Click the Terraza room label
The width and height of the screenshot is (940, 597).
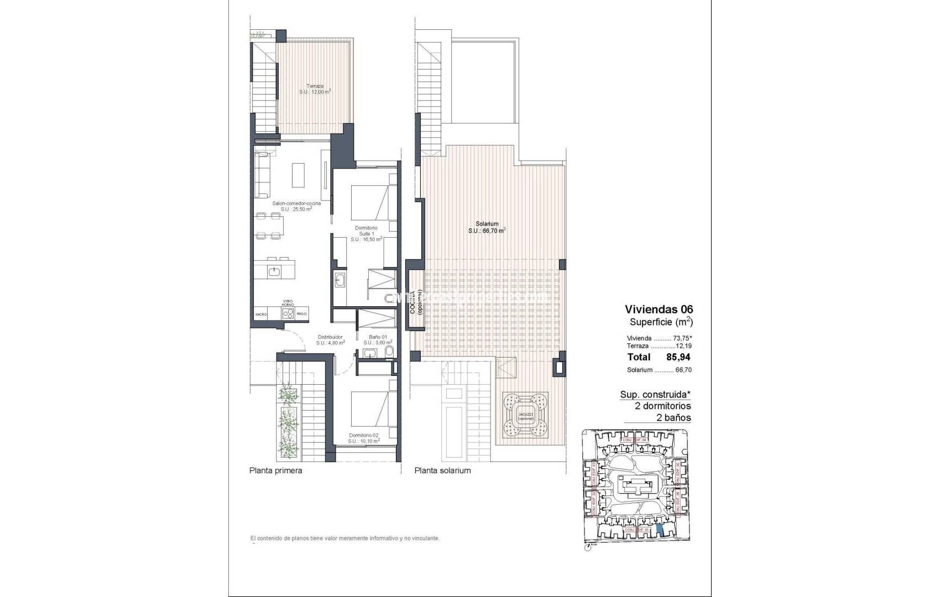click(315, 89)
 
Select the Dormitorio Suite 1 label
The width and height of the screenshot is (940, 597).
click(365, 233)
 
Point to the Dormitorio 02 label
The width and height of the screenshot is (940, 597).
click(364, 438)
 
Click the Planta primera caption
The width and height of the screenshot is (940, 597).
click(275, 470)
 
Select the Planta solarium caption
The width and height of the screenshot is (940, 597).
click(442, 470)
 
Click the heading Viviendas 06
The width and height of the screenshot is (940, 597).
click(659, 309)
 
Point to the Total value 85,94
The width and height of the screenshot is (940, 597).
click(678, 357)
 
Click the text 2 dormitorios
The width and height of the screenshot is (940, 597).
click(662, 406)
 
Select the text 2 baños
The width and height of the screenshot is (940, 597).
click(673, 417)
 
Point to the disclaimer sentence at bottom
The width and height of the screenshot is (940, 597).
click(344, 538)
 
